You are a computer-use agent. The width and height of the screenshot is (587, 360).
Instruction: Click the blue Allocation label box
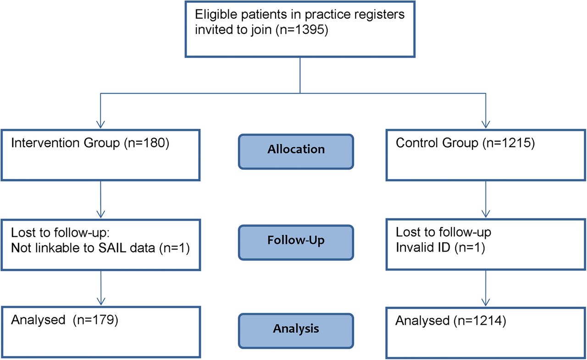(296, 152)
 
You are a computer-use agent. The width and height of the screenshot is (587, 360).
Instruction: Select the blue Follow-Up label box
(296, 243)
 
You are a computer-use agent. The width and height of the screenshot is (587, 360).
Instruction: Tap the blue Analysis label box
(296, 331)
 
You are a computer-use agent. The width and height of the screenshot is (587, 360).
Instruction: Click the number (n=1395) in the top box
(302, 29)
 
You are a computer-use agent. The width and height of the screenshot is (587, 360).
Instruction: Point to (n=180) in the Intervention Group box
(146, 143)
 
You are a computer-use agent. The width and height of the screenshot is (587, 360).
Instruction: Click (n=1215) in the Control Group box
(509, 143)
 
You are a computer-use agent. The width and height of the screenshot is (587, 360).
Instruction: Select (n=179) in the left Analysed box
(95, 320)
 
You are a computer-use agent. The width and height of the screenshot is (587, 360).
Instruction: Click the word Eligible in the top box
(216, 15)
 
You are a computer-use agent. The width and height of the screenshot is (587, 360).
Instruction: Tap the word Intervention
(45, 143)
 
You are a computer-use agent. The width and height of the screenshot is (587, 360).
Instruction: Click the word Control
(417, 143)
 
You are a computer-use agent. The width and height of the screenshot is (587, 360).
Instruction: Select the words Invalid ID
(423, 247)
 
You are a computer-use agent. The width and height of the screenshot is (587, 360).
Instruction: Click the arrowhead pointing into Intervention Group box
(100, 124)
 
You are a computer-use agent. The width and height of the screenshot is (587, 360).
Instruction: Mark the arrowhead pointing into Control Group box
(486, 124)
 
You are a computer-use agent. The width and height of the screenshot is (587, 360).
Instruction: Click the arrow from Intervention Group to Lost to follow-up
(100, 199)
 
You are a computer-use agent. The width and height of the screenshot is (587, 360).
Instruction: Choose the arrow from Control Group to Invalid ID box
(486, 199)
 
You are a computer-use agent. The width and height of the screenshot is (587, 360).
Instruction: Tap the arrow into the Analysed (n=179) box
(101, 288)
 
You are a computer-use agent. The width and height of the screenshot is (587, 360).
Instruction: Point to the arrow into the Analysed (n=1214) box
(486, 288)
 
